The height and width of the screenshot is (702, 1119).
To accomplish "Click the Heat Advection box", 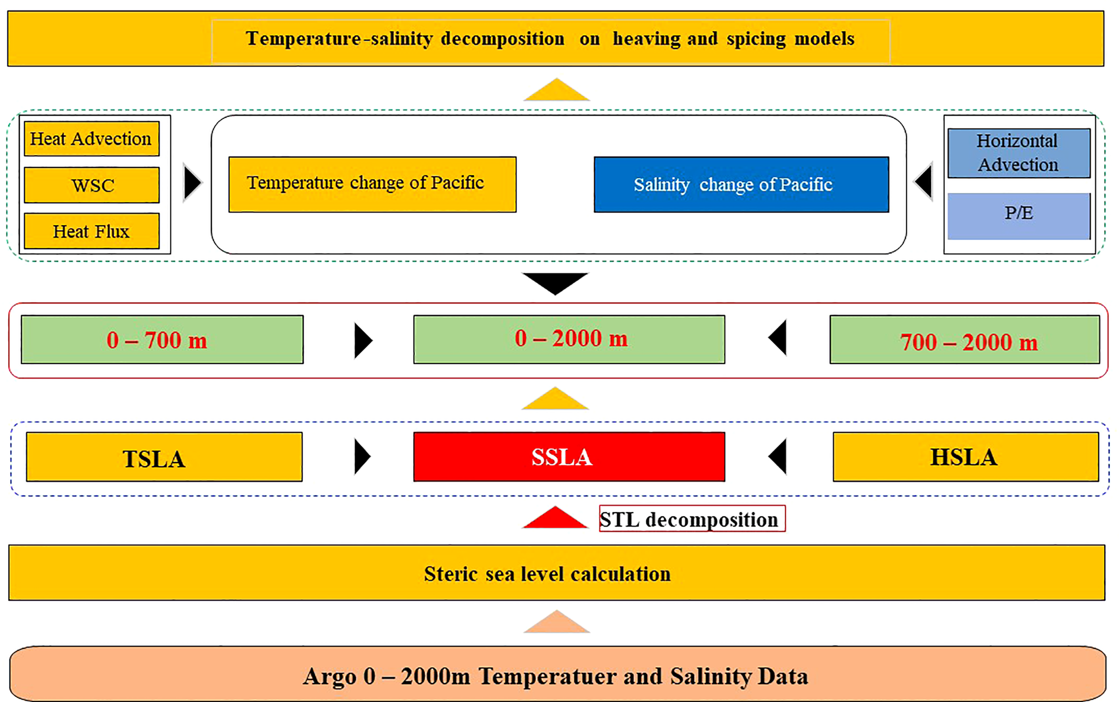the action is pyautogui.click(x=91, y=139).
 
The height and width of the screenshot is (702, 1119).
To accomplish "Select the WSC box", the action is pyautogui.click(x=91, y=185).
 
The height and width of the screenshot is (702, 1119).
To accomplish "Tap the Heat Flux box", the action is pyautogui.click(x=91, y=231).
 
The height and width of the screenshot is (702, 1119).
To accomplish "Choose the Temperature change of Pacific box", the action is pyautogui.click(x=372, y=184).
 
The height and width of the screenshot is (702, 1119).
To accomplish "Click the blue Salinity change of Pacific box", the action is pyautogui.click(x=741, y=184).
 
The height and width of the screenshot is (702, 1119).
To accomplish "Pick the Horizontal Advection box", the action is pyautogui.click(x=1018, y=153).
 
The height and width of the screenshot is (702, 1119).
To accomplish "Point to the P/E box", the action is pyautogui.click(x=1018, y=216).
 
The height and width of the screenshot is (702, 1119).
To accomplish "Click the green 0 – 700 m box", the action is pyautogui.click(x=162, y=340).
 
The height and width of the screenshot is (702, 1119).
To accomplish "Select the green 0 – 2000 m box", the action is pyautogui.click(x=568, y=340).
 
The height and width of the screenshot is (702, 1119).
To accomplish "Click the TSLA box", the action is pyautogui.click(x=164, y=457).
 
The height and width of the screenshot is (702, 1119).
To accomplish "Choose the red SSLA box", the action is pyautogui.click(x=568, y=457).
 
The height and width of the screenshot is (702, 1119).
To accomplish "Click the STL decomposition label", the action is pyautogui.click(x=692, y=519).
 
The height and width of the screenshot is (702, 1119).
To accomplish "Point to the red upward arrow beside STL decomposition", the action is pyautogui.click(x=555, y=519).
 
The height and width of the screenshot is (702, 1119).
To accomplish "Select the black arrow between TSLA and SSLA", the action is pyautogui.click(x=361, y=457).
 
